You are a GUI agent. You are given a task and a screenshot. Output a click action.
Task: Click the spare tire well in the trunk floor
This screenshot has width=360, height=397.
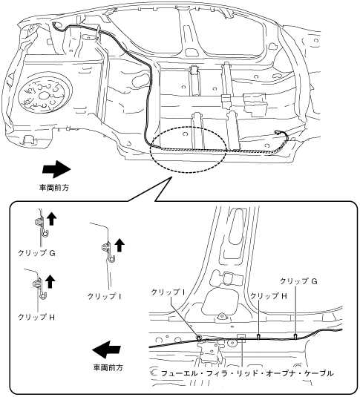[45, 94]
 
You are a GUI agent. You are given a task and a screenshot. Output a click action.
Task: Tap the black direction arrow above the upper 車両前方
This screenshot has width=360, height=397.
[56, 169]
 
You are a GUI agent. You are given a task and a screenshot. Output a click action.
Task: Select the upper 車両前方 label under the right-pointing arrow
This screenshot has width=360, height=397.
[54, 188]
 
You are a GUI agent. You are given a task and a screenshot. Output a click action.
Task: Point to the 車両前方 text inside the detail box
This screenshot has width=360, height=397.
[108, 367]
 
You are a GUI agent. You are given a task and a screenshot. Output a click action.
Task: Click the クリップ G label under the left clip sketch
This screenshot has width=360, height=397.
[36, 253]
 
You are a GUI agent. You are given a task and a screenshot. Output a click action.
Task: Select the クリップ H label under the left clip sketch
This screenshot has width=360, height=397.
[36, 317]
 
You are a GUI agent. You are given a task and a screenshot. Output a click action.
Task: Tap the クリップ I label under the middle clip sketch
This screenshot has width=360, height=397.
[104, 296]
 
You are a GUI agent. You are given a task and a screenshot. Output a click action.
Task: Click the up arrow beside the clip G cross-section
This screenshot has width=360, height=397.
[52, 219]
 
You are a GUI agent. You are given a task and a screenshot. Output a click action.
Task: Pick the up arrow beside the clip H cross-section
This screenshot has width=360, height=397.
[50, 281]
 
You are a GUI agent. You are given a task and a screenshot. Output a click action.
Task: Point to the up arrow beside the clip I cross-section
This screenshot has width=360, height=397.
[120, 246]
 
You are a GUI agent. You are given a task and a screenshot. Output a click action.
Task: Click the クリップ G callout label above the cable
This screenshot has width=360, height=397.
[298, 281]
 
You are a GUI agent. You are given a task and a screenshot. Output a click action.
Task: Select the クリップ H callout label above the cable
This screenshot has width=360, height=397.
[269, 296]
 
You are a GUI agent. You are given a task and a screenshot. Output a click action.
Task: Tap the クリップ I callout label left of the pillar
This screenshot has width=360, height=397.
[168, 292]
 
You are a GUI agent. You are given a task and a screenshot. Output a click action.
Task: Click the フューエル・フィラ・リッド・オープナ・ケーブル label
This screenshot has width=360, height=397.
[247, 373]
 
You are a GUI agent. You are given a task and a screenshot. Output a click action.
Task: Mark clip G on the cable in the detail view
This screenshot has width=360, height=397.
[295, 336]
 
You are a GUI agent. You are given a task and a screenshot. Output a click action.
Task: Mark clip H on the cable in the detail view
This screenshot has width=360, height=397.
[258, 337]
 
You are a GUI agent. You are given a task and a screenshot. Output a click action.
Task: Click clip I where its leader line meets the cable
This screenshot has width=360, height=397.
[199, 338]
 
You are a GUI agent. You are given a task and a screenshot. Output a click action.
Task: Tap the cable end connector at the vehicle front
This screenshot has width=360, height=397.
[277, 132]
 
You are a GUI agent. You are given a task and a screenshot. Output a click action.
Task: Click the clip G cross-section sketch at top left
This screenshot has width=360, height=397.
[41, 226]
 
